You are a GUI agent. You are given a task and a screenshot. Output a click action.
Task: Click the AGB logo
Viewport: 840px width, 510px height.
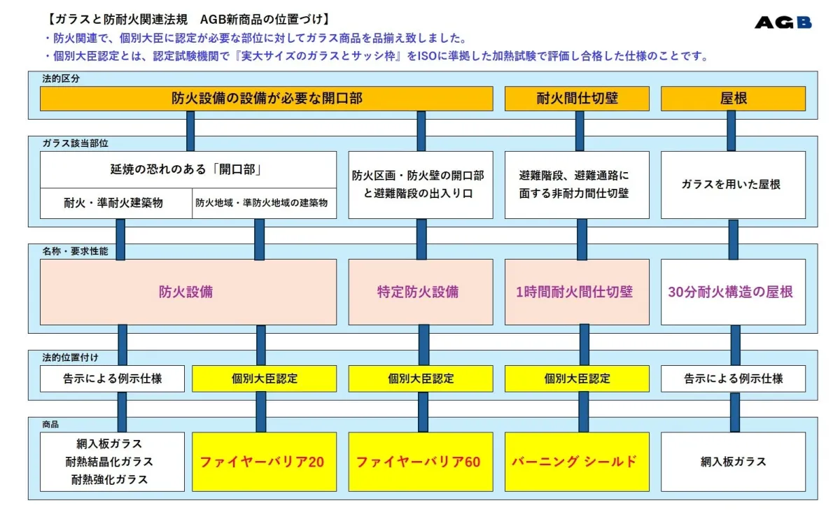pyautogui.click(x=783, y=22)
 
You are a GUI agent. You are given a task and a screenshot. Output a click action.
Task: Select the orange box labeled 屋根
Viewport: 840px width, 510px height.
pyautogui.click(x=733, y=99)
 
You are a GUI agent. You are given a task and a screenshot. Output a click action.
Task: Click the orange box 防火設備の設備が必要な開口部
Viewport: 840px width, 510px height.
pyautogui.click(x=267, y=99)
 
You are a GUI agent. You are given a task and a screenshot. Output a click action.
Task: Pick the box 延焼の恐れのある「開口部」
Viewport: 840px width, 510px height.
pyautogui.click(x=188, y=170)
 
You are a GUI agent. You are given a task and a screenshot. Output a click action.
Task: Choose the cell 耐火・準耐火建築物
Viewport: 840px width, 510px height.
pyautogui.click(x=113, y=204)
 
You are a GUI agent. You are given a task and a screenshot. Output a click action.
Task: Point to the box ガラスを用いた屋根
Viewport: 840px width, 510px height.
pyautogui.click(x=733, y=185)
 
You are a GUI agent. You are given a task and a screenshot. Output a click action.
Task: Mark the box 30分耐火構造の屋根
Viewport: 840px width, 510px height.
pyautogui.click(x=733, y=292)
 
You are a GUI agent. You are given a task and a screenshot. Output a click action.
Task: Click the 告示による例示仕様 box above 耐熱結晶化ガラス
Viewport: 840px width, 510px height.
pyautogui.click(x=112, y=378)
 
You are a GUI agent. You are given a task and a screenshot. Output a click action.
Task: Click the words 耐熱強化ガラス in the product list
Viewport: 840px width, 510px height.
pyautogui.click(x=109, y=480)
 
